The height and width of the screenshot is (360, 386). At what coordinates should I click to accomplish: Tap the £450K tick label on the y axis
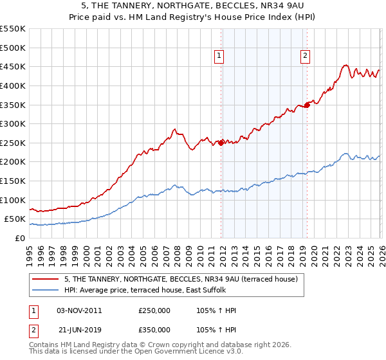click(x=13, y=66)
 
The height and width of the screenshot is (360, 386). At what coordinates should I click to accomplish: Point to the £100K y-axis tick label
click(x=13, y=200)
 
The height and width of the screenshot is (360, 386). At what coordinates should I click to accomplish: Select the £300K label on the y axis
click(x=13, y=123)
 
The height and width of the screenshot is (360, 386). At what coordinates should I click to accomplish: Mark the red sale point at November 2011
click(x=221, y=143)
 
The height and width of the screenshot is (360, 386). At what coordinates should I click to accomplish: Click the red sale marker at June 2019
click(x=307, y=105)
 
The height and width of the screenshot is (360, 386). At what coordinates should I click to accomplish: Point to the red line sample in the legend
click(x=46, y=280)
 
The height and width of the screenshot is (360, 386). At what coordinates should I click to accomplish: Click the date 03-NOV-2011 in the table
click(x=79, y=310)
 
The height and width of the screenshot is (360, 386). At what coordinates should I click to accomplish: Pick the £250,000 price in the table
click(x=154, y=310)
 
